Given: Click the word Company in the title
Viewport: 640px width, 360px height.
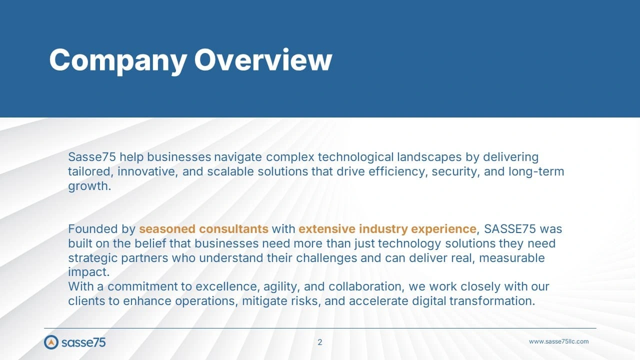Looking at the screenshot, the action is (118, 60).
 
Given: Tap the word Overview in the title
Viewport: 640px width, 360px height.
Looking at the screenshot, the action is (263, 59).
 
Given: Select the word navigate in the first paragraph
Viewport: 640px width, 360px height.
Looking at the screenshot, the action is (237, 157).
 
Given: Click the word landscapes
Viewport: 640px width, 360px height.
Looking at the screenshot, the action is (429, 157).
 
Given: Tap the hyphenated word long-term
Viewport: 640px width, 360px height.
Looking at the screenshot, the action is (536, 172).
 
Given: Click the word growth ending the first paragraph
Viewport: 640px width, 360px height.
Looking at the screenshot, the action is (89, 187).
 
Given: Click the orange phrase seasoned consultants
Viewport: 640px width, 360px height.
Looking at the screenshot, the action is (203, 229).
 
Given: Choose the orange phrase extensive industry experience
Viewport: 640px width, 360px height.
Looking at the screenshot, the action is (387, 229).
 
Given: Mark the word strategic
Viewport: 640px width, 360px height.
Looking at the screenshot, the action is (92, 258).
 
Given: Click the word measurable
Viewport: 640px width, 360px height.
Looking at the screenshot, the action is (511, 257).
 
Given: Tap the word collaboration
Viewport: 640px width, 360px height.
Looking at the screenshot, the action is (366, 286).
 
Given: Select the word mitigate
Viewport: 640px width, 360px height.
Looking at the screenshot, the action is (264, 301).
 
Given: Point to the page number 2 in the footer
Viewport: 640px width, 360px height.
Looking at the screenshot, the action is (319, 342).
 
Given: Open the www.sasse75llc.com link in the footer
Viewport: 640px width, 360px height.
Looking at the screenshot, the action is (558, 341).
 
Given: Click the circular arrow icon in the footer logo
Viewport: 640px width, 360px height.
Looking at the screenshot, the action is (51, 342).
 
